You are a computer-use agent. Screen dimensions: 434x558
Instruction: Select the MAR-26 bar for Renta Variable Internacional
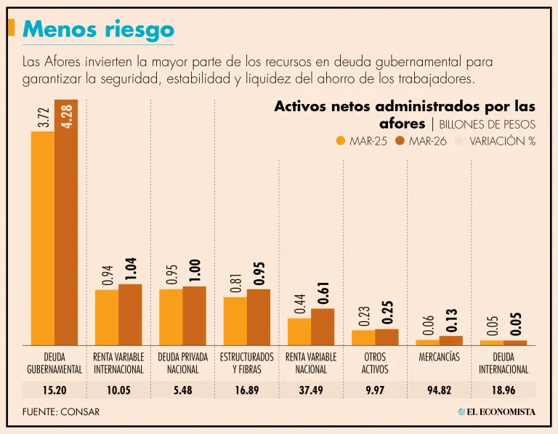pos(130,314)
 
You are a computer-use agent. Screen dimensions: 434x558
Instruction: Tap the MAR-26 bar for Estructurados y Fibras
pos(258,317)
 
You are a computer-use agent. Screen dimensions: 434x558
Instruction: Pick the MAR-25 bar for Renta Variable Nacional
pos(299,331)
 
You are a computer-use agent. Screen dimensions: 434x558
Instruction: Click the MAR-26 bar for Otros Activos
pos(387,337)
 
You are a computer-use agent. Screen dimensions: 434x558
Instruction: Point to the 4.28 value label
pos(67,116)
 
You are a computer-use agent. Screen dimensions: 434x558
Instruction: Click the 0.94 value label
pos(108,274)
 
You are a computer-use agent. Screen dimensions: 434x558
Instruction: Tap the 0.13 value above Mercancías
pos(450,318)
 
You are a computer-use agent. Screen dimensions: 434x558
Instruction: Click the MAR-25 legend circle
pos(341,141)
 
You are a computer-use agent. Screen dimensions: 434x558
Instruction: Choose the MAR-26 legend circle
pos(400,141)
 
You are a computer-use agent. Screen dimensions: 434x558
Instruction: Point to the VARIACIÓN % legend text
pos(502,141)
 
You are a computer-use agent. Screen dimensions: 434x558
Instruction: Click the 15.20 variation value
pos(54,390)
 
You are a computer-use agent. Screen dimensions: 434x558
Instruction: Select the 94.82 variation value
pos(439,390)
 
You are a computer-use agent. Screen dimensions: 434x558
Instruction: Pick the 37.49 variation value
pos(311,390)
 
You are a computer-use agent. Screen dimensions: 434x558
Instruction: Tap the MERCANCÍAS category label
pos(439,358)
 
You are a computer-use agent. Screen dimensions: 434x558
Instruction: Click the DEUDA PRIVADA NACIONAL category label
pos(182,363)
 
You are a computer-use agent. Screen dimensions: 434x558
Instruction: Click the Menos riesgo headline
pos(99,29)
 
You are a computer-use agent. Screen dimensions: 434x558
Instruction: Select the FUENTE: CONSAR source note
pos(61,411)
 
